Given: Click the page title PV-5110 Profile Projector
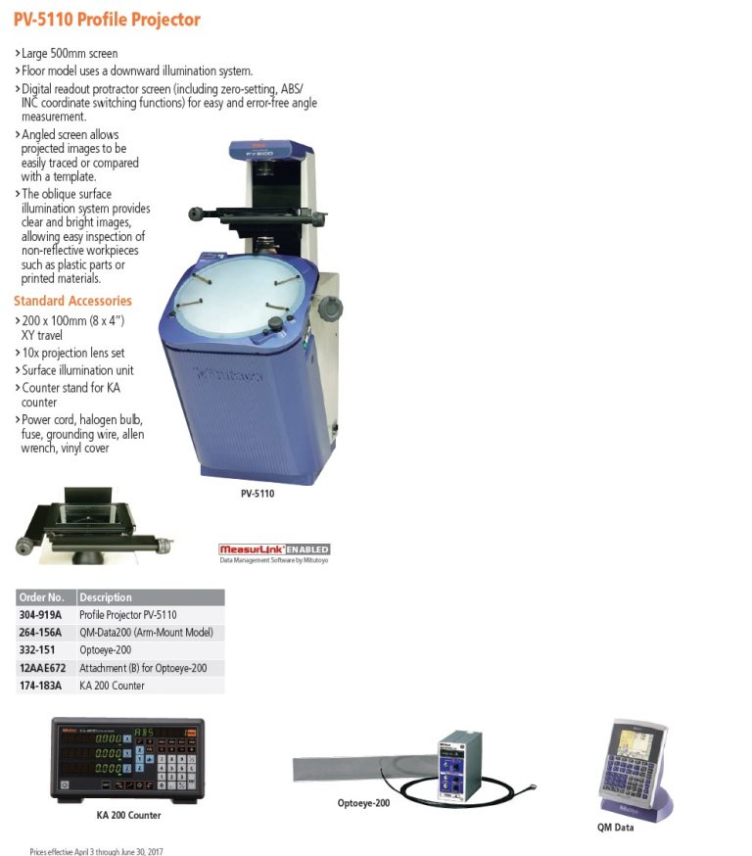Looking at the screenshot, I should [107, 20].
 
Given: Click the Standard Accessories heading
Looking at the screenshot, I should [72, 301].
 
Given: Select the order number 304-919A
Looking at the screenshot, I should [40, 615].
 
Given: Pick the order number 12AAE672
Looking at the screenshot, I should [42, 668].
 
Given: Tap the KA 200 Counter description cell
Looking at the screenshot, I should [112, 686].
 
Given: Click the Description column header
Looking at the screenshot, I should [106, 597].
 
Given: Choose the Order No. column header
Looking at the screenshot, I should [42, 597].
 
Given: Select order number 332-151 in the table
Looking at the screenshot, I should [38, 650].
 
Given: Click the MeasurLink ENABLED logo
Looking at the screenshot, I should [274, 550].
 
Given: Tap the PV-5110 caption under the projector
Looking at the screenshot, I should [258, 494].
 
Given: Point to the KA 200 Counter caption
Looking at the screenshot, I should [128, 815].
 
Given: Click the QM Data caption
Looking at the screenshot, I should [615, 828].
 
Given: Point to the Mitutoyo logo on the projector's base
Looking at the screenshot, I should [221, 374].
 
